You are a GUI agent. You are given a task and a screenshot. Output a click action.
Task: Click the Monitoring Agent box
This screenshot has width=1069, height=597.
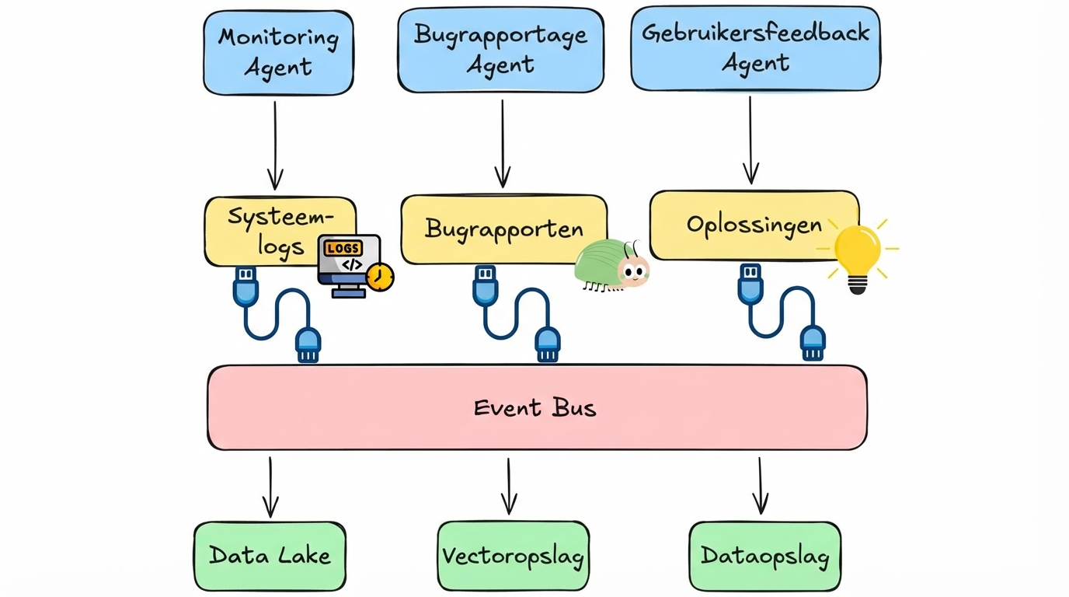278,53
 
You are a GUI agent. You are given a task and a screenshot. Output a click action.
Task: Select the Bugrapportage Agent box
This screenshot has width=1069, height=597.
500,50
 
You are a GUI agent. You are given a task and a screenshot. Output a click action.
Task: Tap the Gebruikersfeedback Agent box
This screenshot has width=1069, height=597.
755,48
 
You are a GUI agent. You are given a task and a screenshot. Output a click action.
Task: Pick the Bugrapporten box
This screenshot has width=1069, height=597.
503,229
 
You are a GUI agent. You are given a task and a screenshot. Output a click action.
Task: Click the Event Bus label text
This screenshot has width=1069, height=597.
535,407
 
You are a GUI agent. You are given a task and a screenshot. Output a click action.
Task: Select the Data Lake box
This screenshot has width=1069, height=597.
270,556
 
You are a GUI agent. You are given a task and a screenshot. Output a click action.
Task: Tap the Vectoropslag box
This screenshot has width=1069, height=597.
513,556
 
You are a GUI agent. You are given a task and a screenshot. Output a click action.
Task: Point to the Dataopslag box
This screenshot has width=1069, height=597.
764,556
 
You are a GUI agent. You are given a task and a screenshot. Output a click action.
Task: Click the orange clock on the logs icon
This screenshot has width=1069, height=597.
380,278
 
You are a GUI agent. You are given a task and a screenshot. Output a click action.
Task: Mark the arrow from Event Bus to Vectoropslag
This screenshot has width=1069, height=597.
509,486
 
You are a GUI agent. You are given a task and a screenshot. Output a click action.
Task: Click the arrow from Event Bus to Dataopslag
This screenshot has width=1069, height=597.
760,486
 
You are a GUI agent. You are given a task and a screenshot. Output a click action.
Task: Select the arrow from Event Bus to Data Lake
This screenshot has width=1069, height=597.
270,487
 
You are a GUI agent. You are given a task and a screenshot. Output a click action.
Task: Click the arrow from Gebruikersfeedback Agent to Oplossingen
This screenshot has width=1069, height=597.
750,141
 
